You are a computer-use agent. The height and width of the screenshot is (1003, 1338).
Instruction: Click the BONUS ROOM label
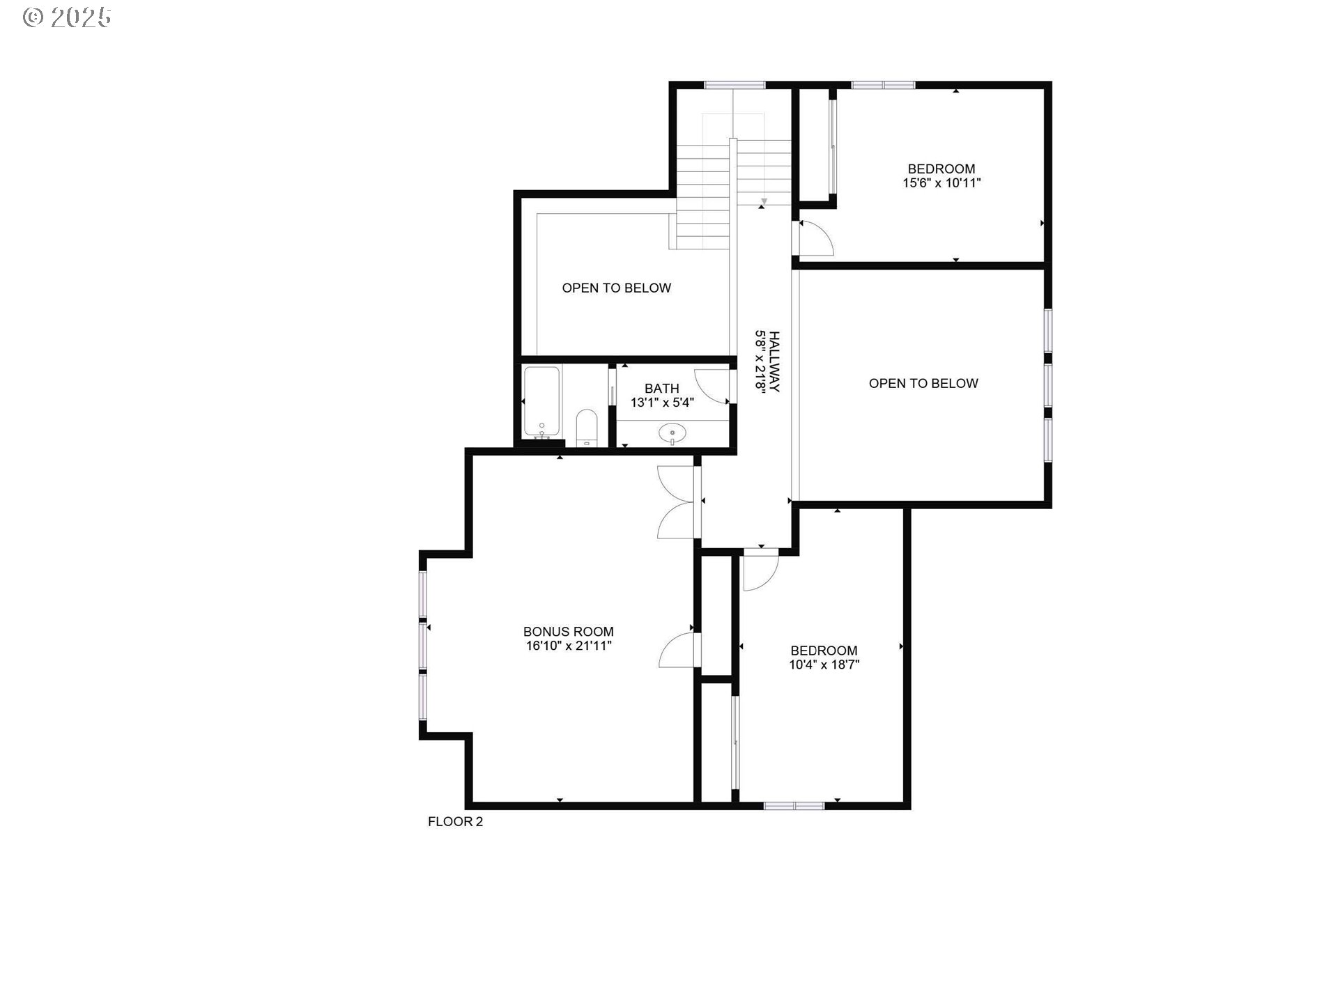coord(568,632)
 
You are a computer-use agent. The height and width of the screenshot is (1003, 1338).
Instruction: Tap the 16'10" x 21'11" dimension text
coord(568,646)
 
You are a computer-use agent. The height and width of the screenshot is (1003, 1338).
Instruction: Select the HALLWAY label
coord(774,361)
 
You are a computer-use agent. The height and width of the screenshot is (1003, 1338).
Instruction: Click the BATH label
coord(661,389)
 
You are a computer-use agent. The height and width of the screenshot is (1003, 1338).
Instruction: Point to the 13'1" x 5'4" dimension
coord(661,403)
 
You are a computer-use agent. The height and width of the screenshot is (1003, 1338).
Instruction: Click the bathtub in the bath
coord(541,401)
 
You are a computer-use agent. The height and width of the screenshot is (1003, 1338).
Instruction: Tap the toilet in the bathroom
coord(587,427)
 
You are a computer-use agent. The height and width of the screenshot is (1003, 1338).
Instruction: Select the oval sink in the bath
coord(672,433)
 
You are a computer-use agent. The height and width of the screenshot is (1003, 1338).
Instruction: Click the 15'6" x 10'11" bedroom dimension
coord(941,183)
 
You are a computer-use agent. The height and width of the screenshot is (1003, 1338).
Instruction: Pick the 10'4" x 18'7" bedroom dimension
coord(823,664)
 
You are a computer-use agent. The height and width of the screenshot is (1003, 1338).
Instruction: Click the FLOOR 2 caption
coord(455,822)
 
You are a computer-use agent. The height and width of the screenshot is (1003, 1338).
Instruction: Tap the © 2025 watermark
coord(67,17)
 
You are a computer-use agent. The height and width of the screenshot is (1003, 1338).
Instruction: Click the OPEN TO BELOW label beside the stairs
coord(616,288)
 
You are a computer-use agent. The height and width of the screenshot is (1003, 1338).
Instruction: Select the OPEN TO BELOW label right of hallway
coord(923,383)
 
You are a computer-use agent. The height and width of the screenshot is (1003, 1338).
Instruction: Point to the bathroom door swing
coord(712,387)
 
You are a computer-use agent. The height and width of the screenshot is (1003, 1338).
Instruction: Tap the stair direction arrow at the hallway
coord(764,202)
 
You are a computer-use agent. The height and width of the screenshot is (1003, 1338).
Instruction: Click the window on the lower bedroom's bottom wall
coord(794,806)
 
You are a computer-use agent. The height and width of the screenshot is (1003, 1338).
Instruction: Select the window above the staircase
coord(734,86)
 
